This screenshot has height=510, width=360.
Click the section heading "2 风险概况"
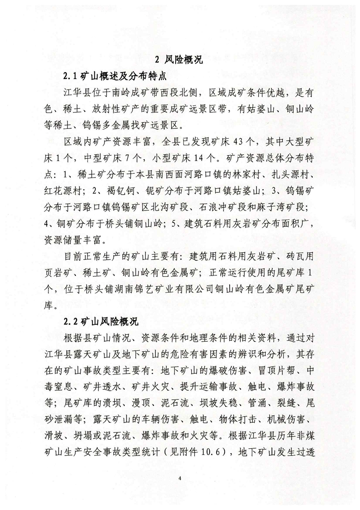click(x=179, y=60)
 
